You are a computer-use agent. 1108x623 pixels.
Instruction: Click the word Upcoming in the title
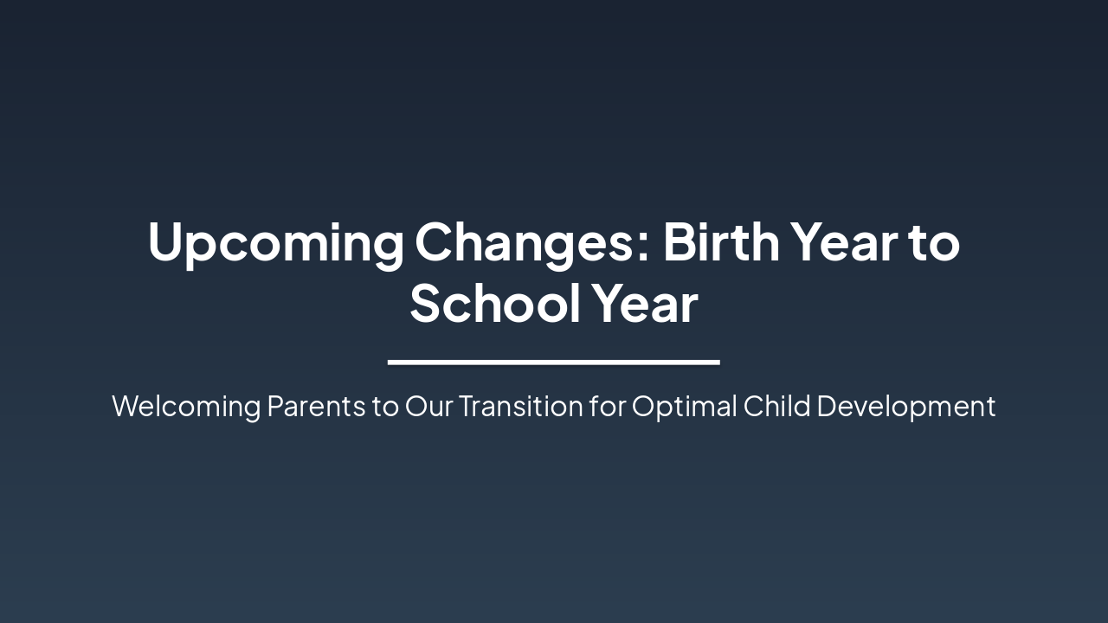pyautogui.click(x=274, y=243)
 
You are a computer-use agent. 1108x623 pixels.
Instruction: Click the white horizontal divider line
pyautogui.click(x=554, y=362)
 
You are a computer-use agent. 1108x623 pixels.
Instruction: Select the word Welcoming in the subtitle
pyautogui.click(x=185, y=406)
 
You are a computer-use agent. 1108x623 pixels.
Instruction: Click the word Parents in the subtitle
pyautogui.click(x=316, y=406)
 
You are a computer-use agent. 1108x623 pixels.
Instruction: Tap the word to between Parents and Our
pyautogui.click(x=385, y=407)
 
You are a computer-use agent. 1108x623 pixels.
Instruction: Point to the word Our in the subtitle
pyautogui.click(x=428, y=406)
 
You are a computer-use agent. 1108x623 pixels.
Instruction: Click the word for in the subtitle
pyautogui.click(x=607, y=406)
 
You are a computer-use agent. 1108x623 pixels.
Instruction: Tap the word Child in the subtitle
pyautogui.click(x=776, y=406)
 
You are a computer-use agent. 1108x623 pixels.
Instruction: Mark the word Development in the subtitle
pyautogui.click(x=905, y=406)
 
